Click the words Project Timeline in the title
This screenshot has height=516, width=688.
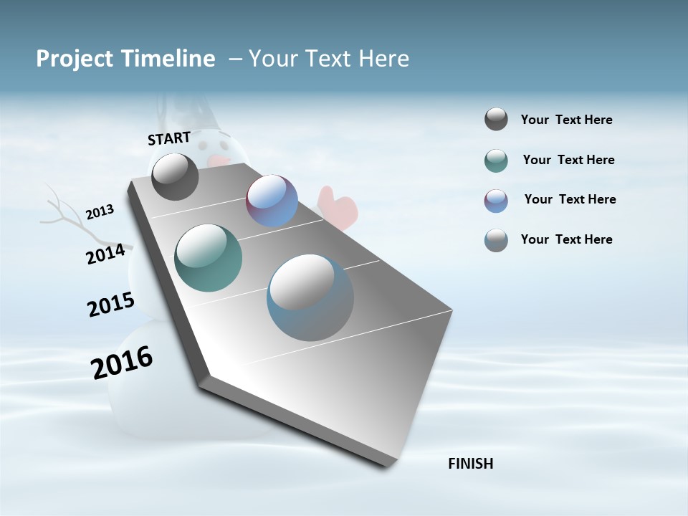point(125,59)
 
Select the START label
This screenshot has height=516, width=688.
point(169,138)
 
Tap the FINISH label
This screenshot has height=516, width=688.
point(470,464)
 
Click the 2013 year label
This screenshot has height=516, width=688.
point(100,212)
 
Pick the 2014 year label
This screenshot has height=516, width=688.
point(105,254)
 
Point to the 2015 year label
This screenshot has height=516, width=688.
point(111,305)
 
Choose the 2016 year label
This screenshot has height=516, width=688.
point(122,363)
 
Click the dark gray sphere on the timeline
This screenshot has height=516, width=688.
point(175,177)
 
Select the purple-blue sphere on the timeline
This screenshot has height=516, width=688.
point(272,201)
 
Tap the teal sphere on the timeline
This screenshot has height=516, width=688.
point(208,258)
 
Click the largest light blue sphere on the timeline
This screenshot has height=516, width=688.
point(310,297)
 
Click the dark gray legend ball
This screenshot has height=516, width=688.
point(496,120)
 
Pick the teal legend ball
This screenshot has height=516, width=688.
point(496,161)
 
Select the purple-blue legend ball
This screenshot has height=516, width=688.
point(496,201)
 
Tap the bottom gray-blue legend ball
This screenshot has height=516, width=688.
point(496,240)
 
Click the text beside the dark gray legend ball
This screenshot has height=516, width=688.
point(566,120)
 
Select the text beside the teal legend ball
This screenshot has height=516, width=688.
point(568,160)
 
